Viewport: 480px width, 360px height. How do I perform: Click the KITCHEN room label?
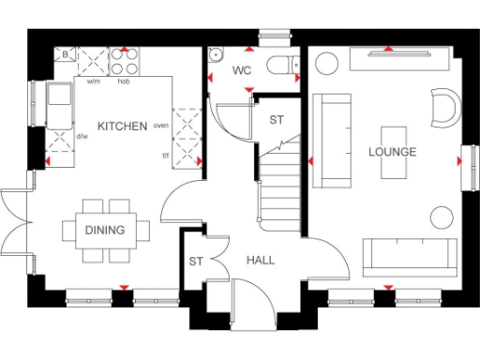(122, 126)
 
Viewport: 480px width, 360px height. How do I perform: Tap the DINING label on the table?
(104, 229)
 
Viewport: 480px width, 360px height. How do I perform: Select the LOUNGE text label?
(392, 152)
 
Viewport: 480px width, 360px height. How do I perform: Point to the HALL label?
(261, 260)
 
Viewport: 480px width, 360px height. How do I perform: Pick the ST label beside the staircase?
(277, 120)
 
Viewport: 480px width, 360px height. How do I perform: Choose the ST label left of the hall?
(196, 262)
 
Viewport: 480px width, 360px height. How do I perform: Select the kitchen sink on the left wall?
(60, 104)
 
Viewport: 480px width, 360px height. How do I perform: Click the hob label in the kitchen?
(123, 82)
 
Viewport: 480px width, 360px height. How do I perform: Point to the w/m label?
(94, 82)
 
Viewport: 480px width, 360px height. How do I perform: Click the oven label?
(160, 125)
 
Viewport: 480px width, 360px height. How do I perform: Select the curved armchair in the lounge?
(442, 107)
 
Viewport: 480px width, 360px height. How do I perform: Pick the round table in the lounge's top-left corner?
(327, 63)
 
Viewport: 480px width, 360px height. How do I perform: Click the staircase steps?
(278, 187)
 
